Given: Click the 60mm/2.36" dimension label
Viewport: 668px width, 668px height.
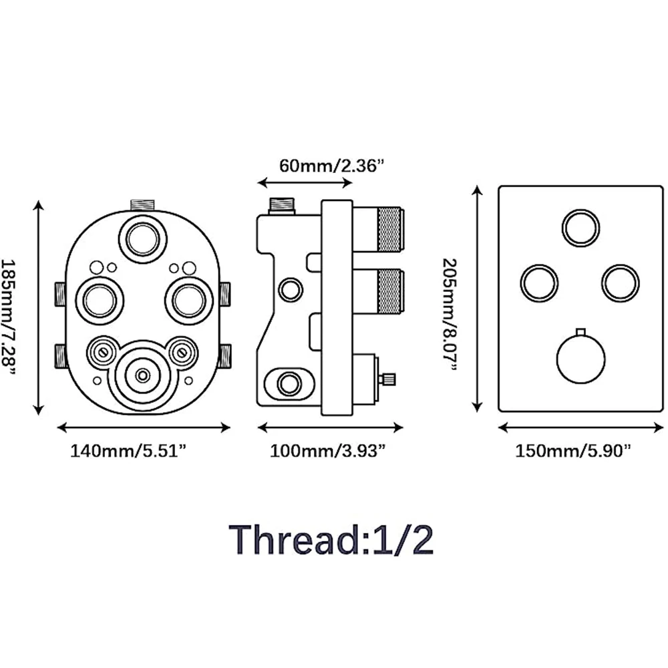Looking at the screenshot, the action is [x=332, y=164].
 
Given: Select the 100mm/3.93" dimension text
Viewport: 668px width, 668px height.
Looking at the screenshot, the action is [x=327, y=451].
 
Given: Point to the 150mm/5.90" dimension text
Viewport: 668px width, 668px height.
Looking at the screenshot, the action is [x=572, y=451].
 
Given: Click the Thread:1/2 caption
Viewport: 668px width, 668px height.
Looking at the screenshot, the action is [x=332, y=540].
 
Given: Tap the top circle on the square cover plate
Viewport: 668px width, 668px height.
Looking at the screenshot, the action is [x=580, y=228].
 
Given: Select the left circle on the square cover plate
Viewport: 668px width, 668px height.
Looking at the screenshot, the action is [x=539, y=283].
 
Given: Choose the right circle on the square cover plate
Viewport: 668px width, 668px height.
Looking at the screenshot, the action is [x=620, y=283].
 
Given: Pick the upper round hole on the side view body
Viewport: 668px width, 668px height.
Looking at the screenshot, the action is [x=290, y=289].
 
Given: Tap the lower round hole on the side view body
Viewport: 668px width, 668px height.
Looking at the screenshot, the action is [x=289, y=383].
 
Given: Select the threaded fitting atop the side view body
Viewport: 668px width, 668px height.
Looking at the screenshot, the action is [x=283, y=205].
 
